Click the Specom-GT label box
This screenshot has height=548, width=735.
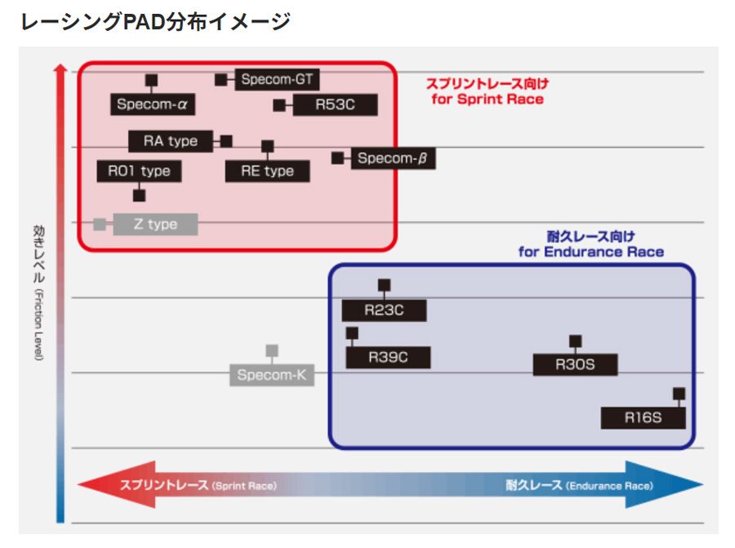click(x=278, y=80)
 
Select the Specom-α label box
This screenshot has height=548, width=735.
click(x=152, y=105)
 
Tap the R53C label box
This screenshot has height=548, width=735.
click(x=335, y=105)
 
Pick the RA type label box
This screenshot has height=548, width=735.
click(x=170, y=141)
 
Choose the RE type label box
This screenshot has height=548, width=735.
click(x=267, y=171)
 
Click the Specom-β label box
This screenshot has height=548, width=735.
click(x=392, y=158)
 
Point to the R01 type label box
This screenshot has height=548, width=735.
click(x=139, y=171)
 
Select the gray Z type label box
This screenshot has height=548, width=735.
click(x=155, y=224)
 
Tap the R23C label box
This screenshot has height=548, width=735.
click(x=384, y=310)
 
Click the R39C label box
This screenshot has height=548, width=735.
click(x=388, y=358)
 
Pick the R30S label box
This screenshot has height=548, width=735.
click(x=575, y=365)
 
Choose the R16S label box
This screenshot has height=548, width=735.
click(x=643, y=417)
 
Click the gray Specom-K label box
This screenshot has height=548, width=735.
click(x=271, y=376)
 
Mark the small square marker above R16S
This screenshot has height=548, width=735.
click(x=679, y=394)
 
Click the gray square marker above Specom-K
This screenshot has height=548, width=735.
click(x=272, y=350)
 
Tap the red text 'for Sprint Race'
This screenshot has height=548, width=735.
click(x=488, y=99)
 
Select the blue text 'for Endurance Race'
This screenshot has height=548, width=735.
click(x=590, y=252)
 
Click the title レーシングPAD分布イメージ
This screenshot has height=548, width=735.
click(x=155, y=22)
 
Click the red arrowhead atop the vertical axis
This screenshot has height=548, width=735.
click(x=60, y=71)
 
